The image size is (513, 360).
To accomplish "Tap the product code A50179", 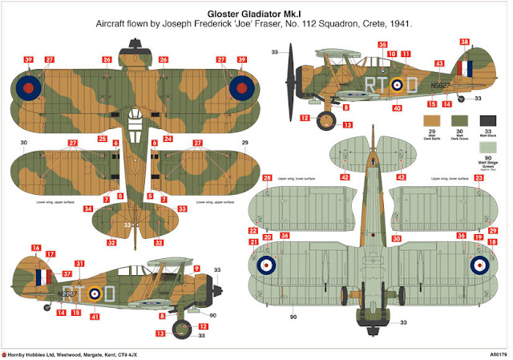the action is click(x=496, y=352).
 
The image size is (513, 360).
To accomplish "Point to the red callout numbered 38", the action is click(x=464, y=42).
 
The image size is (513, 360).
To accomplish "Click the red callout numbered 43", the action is click(x=438, y=63).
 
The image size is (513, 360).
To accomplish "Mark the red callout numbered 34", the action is click(x=88, y=208).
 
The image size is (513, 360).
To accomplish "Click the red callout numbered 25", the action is click(x=102, y=139).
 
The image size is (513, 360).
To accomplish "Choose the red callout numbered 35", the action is click(x=382, y=45).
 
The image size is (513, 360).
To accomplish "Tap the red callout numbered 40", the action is click(x=396, y=107).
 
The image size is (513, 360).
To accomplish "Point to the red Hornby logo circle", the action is click(x=5, y=352).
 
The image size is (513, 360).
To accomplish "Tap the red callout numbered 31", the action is click(x=79, y=264).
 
